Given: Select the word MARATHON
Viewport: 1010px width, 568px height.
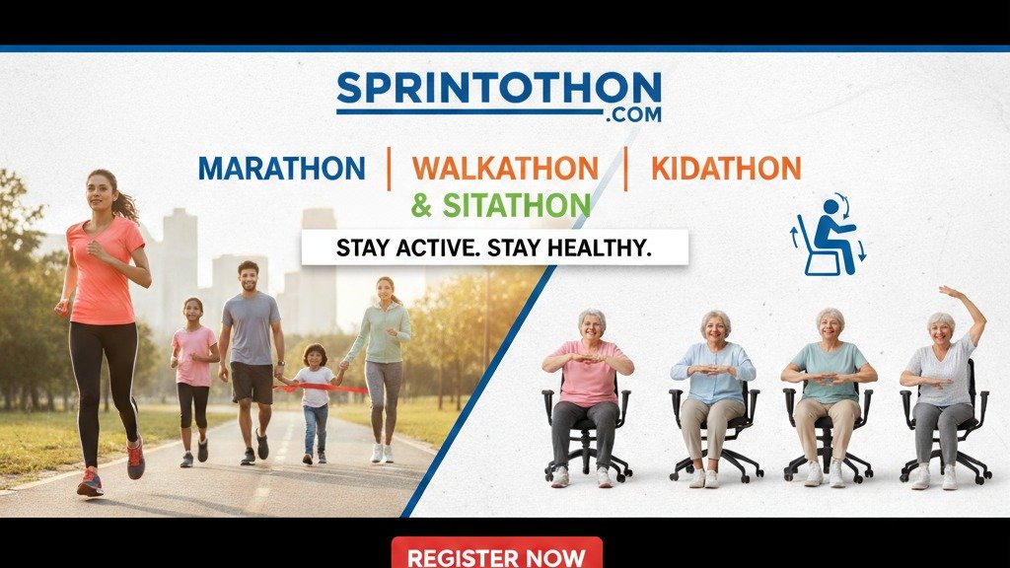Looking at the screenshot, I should pyautogui.click(x=281, y=169).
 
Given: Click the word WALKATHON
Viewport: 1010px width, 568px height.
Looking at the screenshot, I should pyautogui.click(x=506, y=169).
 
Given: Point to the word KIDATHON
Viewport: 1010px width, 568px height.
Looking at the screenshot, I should pyautogui.click(x=725, y=169).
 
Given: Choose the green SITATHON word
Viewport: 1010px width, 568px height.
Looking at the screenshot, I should pyautogui.click(x=515, y=205).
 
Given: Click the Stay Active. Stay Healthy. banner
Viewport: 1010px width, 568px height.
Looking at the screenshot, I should pyautogui.click(x=494, y=248).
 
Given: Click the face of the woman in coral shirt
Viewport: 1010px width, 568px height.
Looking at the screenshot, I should pyautogui.click(x=102, y=190).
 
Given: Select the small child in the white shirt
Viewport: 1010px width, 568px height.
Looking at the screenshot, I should pyautogui.click(x=315, y=394).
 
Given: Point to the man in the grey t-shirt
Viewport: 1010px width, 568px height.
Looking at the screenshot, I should pyautogui.click(x=251, y=345).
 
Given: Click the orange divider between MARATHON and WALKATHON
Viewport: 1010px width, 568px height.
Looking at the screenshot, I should pyautogui.click(x=390, y=169).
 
